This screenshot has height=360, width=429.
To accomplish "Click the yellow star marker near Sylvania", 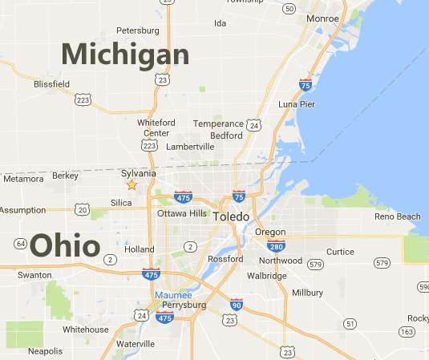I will [132, 185].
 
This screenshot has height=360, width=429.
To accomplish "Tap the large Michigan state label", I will [125, 55].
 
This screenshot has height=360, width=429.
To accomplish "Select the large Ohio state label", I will [65, 246].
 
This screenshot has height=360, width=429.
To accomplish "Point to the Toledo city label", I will [231, 217].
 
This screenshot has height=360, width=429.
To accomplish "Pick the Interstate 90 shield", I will [235, 305].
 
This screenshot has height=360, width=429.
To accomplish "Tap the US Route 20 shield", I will [83, 209].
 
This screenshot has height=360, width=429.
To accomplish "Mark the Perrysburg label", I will [184, 305].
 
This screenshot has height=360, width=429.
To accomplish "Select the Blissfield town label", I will [52, 83].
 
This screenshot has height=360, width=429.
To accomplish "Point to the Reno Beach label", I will [398, 216].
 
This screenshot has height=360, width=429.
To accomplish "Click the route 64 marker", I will [20, 244].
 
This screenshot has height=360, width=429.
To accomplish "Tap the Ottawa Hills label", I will [182, 213].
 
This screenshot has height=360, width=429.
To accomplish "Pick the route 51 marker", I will [350, 323].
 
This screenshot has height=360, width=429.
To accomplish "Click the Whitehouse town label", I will [86, 330].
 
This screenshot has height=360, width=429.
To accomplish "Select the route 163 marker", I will [407, 330].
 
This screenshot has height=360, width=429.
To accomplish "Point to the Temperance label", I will [219, 123].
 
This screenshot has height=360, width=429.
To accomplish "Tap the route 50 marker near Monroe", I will [289, 8].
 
